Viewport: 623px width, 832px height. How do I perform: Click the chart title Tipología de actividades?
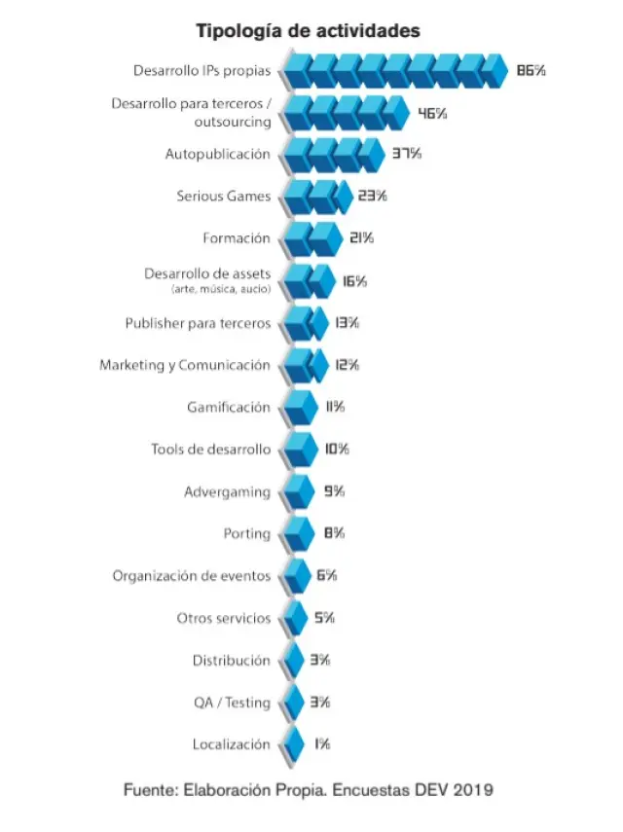pos(309,31)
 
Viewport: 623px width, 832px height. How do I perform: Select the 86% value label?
pos(531,70)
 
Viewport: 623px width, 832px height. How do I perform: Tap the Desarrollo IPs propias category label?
pos(202,70)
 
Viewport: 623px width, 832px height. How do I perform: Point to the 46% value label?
pos(432,113)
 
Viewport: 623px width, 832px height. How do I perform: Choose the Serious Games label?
pos(224,196)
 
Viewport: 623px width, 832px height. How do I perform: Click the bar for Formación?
pos(310,238)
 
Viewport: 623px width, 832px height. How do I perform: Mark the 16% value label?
pos(354,281)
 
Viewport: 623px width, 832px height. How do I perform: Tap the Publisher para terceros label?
pos(198,323)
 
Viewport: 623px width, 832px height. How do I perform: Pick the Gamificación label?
pos(229,407)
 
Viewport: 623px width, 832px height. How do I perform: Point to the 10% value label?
pos(337,450)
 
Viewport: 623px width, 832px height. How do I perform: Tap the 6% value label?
pos(326,576)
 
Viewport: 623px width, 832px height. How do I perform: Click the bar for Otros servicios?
pos(294,618)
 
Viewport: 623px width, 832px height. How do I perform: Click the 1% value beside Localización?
pos(321,744)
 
